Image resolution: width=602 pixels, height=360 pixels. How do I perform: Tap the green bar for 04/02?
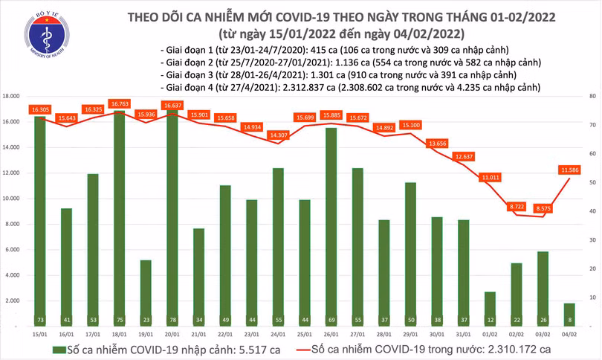click(569, 315)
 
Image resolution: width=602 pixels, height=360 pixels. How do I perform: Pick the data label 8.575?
click(545, 209)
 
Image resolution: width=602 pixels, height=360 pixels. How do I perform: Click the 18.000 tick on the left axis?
click(11, 97)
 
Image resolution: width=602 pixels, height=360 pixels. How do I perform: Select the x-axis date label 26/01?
click(330, 334)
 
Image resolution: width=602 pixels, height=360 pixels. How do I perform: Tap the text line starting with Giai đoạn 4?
click(349, 87)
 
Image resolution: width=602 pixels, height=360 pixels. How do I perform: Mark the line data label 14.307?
click(277, 135)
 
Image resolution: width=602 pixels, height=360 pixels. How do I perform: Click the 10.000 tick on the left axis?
click(11, 199)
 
